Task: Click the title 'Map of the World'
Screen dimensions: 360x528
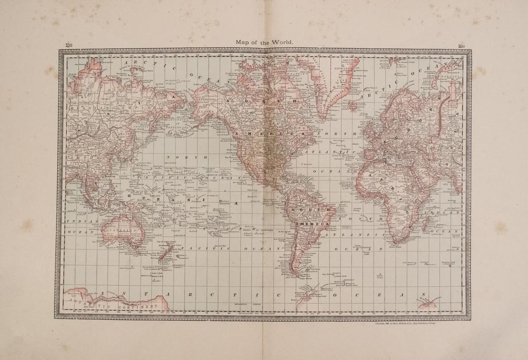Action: click(x=264, y=42)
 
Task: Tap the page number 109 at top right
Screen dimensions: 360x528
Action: click(x=461, y=46)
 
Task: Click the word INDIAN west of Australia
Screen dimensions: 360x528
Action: click(x=78, y=221)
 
